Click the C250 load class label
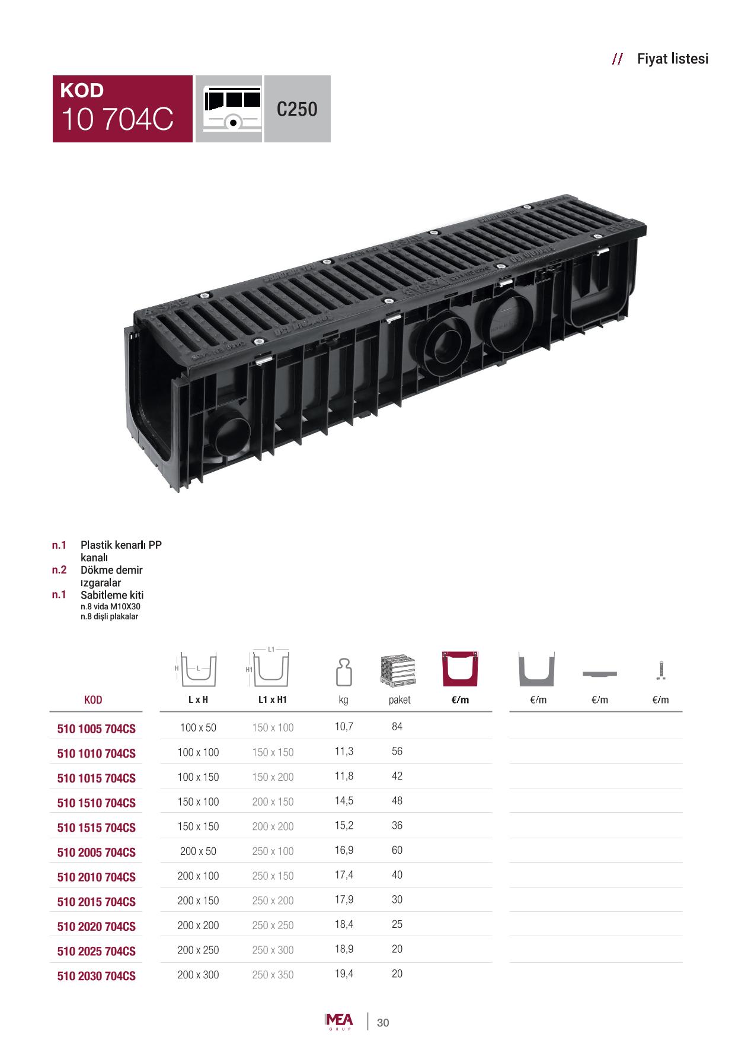[297, 109]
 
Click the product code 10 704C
[117, 119]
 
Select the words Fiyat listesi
[673, 59]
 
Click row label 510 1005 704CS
[97, 729]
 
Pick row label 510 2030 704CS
[97, 976]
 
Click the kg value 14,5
[344, 801]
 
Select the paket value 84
[397, 727]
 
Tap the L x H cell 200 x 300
[198, 975]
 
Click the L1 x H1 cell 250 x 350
[273, 975]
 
